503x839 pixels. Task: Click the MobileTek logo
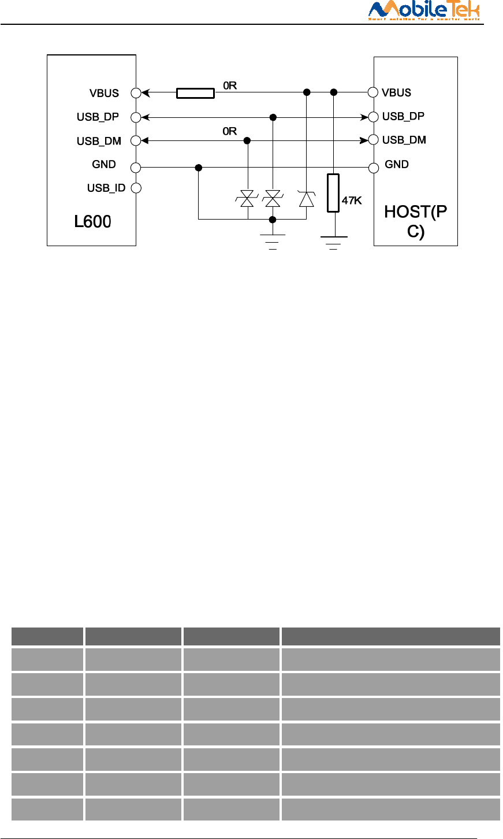click(424, 10)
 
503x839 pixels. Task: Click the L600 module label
click(92, 221)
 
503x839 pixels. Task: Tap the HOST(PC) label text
click(415, 221)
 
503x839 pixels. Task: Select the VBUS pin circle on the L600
click(136, 92)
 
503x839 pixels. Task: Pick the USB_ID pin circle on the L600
click(136, 188)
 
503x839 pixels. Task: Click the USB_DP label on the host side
click(403, 116)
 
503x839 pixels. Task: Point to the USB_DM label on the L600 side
click(99, 141)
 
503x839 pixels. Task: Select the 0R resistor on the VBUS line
click(195, 92)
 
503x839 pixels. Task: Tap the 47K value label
click(352, 201)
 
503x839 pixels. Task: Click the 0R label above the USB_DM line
click(230, 131)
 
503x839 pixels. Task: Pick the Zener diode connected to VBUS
click(306, 199)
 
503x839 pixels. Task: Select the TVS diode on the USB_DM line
click(247, 199)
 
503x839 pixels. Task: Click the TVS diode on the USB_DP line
click(273, 199)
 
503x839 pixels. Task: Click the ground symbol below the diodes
click(273, 239)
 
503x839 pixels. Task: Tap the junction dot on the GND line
click(198, 168)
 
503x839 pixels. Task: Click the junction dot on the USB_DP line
click(273, 117)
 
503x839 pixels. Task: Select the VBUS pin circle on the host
click(374, 92)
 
